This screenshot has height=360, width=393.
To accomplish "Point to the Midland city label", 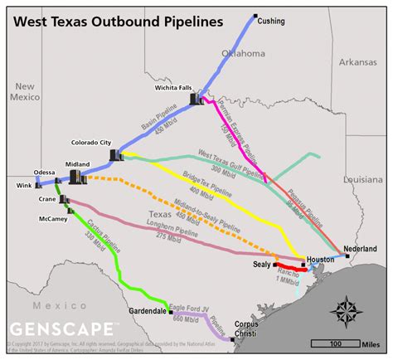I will click(77, 164).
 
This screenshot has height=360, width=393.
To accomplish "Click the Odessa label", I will click(45, 173).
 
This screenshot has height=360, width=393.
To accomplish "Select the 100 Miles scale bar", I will click(338, 343).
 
